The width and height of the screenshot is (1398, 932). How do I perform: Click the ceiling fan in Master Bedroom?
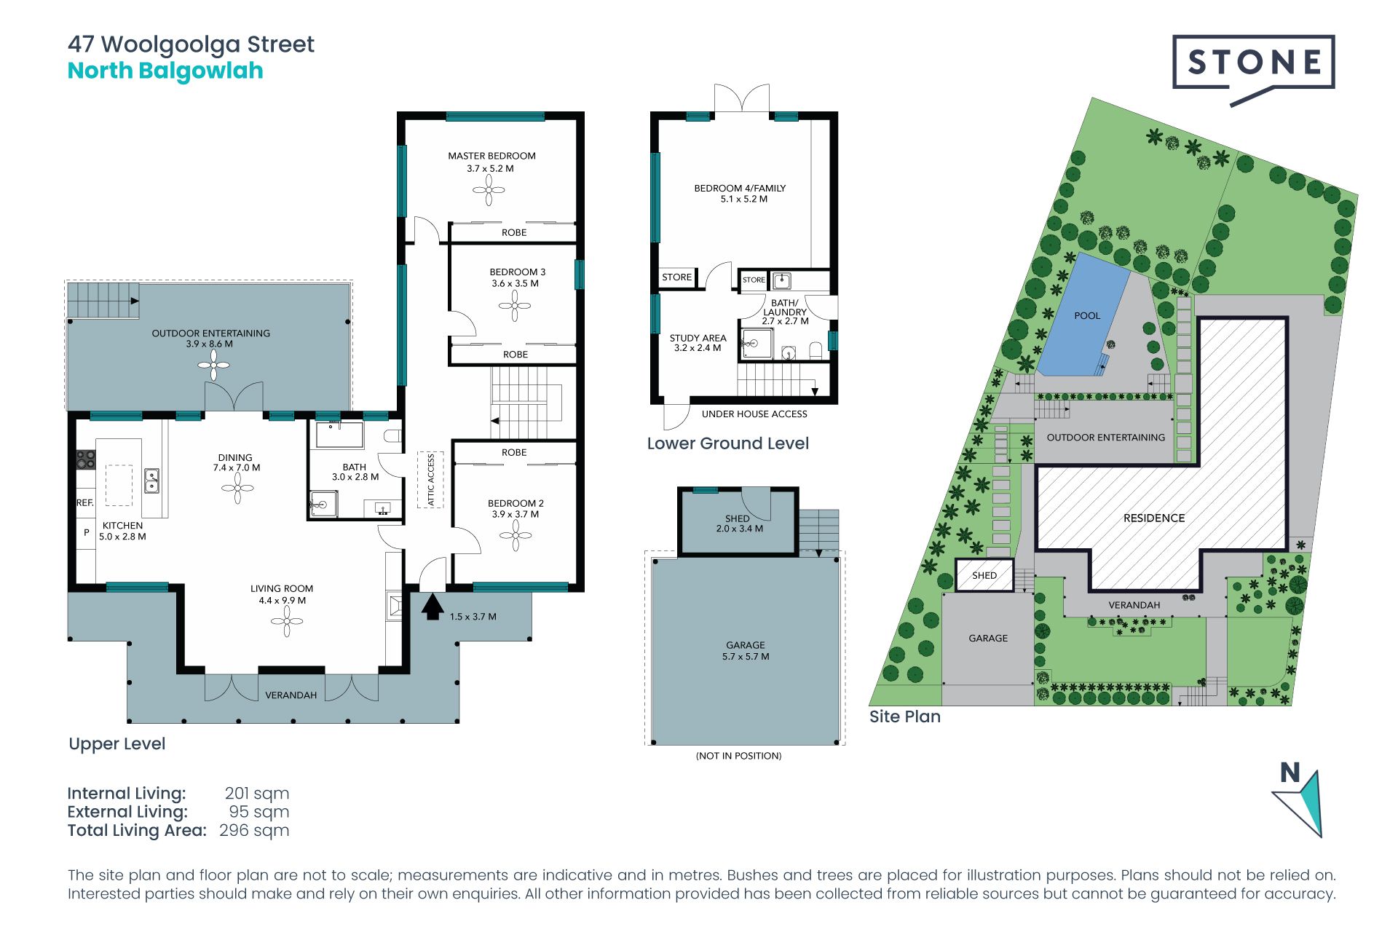coord(489,191)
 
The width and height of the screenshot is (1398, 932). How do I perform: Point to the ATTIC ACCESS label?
coord(430,480)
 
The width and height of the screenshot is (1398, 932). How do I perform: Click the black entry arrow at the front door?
coord(433,607)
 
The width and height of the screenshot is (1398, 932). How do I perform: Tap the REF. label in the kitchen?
coord(85,502)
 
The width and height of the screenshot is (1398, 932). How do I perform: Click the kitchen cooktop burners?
coord(85,459)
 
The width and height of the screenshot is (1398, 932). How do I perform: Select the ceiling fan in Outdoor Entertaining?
coord(214,365)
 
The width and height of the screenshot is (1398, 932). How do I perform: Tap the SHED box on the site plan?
coord(984,575)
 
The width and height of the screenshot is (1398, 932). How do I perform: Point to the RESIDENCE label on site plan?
coord(1154,518)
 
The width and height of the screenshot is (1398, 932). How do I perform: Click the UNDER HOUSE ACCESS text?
coord(754,414)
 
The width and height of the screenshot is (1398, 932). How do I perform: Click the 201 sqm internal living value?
coord(256,794)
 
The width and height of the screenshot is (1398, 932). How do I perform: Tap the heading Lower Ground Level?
coord(728,443)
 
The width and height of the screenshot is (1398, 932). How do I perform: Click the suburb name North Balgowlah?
coord(165,71)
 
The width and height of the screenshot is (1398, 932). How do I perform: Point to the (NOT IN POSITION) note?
coord(738,756)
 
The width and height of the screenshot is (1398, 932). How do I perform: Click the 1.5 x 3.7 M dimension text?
coord(473,617)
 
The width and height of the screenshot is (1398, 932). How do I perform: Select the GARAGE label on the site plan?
coord(988,638)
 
